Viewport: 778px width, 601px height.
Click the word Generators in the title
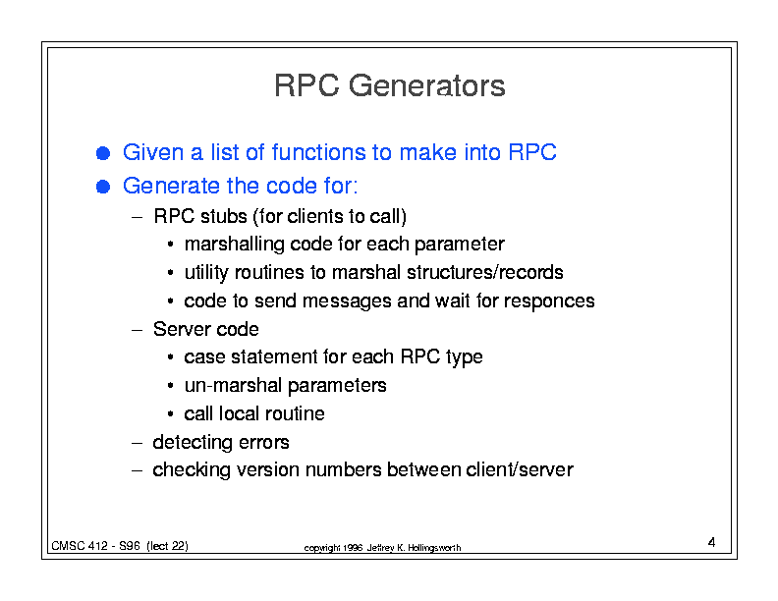coord(426,85)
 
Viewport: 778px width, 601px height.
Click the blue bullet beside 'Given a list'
coord(103,153)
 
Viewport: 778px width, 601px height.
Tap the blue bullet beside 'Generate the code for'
coord(103,187)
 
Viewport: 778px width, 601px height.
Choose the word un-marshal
coord(233,385)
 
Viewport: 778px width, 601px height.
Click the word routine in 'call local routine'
coord(295,413)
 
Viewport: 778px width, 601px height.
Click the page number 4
coord(711,542)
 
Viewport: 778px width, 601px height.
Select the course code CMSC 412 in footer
coord(80,546)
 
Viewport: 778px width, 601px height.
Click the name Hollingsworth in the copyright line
coord(434,548)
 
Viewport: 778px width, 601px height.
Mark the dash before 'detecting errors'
coord(138,442)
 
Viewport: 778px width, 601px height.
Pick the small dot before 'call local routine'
coord(171,413)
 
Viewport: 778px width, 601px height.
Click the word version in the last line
coord(268,469)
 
